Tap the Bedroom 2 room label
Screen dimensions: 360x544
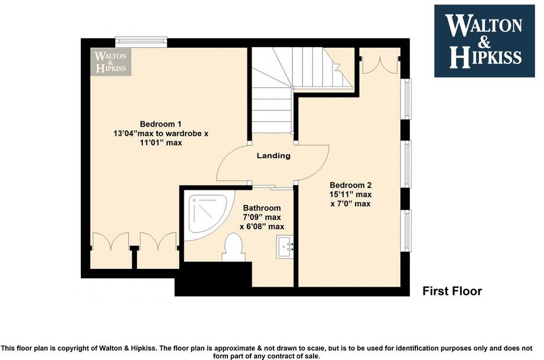pos(350,184)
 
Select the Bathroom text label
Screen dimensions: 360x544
pos(262,208)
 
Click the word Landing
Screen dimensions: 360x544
pos(273,156)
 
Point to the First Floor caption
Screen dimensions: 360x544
pos(452,291)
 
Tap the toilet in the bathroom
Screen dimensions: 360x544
pos(233,248)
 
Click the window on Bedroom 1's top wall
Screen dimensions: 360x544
pos(141,41)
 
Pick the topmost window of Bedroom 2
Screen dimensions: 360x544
pos(406,99)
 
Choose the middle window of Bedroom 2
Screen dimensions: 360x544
pos(406,164)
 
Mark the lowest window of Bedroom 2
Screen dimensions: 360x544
pos(406,230)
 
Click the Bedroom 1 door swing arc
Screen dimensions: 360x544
pos(232,163)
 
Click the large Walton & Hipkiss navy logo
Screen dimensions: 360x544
pos(484,41)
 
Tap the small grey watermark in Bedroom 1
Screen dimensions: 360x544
pos(111,61)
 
